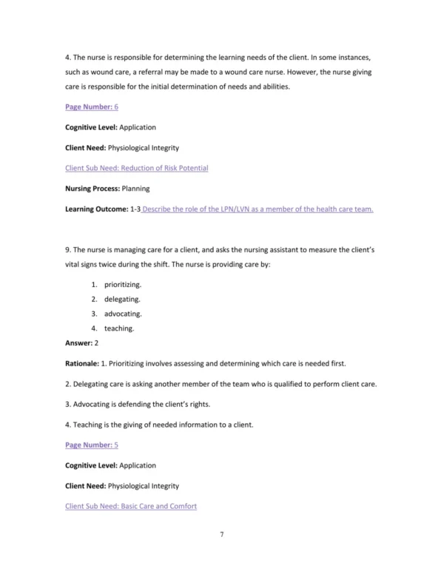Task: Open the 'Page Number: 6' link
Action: [92, 107]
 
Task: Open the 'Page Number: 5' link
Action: [92, 445]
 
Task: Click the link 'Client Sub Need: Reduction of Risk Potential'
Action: [137, 168]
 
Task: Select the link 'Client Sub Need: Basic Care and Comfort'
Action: [131, 506]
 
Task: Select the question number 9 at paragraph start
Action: [68, 250]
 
